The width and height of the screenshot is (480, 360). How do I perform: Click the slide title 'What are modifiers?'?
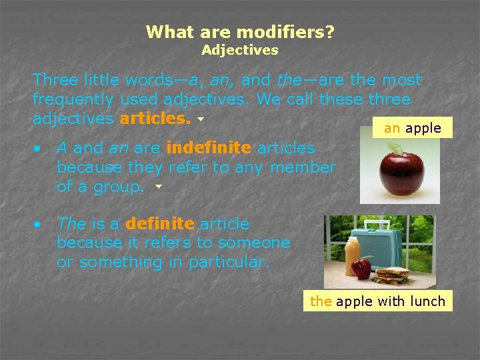[240, 31]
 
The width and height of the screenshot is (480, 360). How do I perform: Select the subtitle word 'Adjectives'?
[240, 50]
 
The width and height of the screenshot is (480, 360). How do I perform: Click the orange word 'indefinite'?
[209, 147]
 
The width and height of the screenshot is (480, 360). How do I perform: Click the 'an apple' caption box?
[412, 128]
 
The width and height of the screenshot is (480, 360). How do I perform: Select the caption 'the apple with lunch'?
[377, 301]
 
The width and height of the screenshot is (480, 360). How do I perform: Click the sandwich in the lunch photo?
[393, 274]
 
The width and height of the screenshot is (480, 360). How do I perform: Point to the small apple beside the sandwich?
[362, 269]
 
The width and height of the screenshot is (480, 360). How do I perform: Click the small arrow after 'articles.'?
[199, 121]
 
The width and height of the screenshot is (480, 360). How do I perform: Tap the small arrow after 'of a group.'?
[158, 187]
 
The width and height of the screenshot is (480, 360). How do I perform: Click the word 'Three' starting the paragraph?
[55, 80]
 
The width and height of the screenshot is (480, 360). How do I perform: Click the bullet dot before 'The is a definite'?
[40, 225]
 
